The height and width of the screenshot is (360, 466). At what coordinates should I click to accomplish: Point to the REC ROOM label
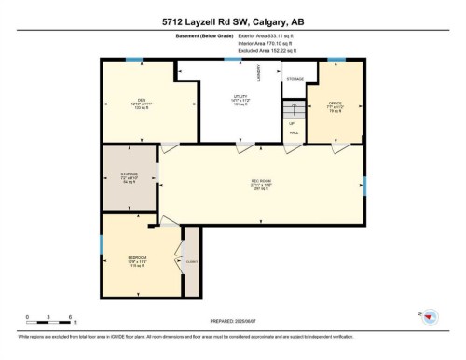[x=260, y=182]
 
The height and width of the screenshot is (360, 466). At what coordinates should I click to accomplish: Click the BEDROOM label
[x=137, y=258]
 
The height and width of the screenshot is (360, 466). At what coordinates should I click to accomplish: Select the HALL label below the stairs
[x=294, y=133]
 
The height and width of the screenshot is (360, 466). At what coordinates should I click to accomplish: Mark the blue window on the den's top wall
[x=136, y=62]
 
